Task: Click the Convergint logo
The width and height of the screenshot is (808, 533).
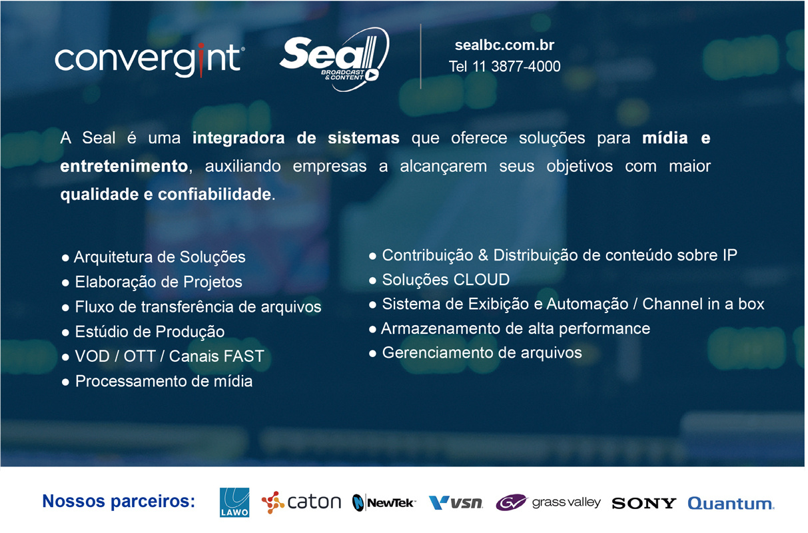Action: [150, 60]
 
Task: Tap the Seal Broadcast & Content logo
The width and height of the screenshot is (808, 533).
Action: [335, 59]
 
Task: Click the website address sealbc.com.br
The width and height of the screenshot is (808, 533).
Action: [504, 45]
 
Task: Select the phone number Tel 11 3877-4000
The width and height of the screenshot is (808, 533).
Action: [504, 67]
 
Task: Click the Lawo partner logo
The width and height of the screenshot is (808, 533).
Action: [234, 502]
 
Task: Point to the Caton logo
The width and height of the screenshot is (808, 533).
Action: [301, 502]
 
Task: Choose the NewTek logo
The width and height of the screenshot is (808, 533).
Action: [384, 502]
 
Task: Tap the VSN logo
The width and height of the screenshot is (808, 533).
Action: [456, 502]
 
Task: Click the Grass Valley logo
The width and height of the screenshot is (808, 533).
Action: [548, 502]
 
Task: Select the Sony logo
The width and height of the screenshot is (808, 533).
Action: [644, 503]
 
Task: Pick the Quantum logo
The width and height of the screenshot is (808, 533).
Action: [731, 503]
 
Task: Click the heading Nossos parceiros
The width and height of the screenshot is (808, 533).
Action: [119, 501]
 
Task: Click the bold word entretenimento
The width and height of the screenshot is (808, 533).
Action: [124, 166]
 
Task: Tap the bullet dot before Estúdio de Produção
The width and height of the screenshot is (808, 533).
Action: [65, 332]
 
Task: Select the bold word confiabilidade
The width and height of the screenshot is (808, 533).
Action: [214, 194]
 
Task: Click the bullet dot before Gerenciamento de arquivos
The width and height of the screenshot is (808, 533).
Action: [372, 353]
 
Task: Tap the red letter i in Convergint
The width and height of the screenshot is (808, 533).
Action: [201, 60]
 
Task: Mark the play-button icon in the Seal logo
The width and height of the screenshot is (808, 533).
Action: [372, 75]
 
